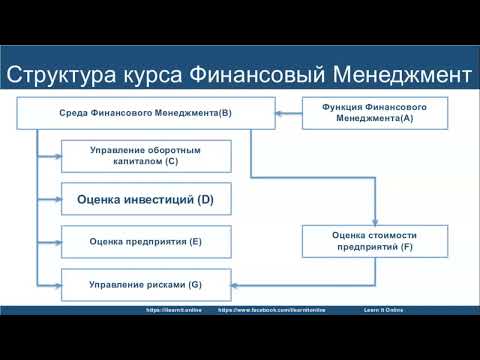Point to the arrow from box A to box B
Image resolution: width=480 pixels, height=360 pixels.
[x=289, y=113]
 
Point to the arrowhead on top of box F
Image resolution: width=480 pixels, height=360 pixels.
[x=374, y=222]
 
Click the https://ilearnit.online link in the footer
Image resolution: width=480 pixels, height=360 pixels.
[x=174, y=310]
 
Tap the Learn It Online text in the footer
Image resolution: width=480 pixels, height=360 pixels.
[x=384, y=310]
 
